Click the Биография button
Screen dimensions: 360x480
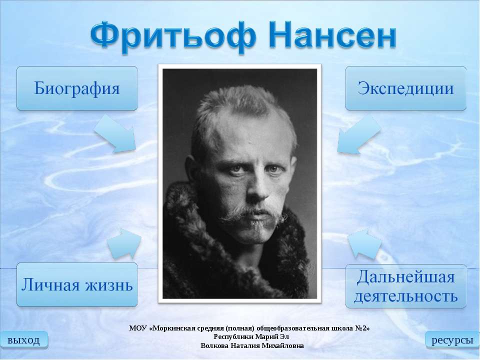[77, 88]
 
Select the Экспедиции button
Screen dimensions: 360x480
[405, 88]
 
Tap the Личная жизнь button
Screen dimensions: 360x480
[77, 285]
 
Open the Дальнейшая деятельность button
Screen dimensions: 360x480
[405, 285]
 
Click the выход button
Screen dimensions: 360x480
[23, 340]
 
